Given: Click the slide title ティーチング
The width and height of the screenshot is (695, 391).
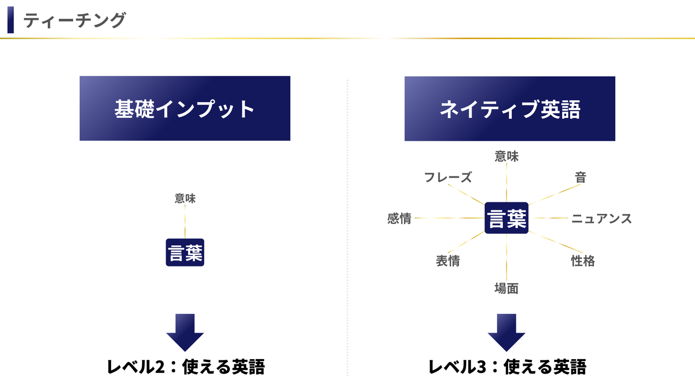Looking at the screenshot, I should [x=74, y=21].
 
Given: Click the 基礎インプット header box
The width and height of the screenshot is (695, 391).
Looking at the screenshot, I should [x=185, y=109].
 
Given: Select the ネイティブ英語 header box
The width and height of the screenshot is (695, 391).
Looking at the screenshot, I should [x=510, y=109].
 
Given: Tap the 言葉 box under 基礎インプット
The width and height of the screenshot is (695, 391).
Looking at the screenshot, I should [x=185, y=252].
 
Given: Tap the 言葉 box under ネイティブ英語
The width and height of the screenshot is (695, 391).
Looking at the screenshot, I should [x=506, y=218].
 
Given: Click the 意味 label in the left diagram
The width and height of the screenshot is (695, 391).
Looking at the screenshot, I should [x=185, y=198].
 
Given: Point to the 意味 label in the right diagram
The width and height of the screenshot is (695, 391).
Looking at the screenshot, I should [x=506, y=156].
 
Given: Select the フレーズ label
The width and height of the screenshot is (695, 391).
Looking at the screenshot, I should [x=447, y=177].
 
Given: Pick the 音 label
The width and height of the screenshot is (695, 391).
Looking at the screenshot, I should [x=580, y=177].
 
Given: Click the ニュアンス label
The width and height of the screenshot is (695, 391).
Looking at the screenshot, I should [x=601, y=219].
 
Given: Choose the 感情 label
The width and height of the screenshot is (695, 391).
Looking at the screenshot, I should [x=399, y=219].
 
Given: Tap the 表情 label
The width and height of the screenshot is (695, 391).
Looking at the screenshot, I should [x=447, y=261].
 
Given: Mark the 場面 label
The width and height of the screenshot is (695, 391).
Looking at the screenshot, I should [x=506, y=289].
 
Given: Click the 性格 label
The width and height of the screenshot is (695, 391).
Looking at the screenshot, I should [x=583, y=261].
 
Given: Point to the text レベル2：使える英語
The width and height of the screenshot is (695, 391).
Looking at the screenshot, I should [x=186, y=367].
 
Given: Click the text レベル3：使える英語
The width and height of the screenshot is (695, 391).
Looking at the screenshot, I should [x=507, y=367].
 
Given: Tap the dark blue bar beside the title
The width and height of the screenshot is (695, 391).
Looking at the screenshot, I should [x=11, y=21].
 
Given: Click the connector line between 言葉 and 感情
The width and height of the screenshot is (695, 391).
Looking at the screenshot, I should [x=449, y=218].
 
